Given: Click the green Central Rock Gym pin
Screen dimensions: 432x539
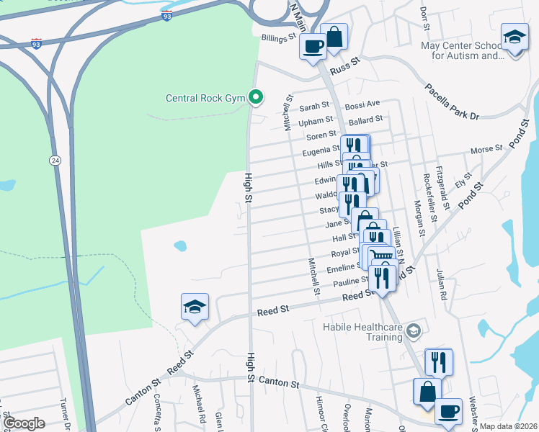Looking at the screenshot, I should [255, 96].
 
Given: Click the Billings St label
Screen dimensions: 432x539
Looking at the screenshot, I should [279, 37].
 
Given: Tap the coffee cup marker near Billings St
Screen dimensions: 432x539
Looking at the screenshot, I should [313, 47].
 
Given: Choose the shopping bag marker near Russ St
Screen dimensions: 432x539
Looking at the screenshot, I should [334, 36].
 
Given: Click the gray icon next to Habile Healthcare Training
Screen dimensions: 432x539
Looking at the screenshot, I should [414, 330].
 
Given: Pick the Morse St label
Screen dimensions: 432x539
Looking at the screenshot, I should [486, 150].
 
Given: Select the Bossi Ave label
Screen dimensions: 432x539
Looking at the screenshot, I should [362, 105].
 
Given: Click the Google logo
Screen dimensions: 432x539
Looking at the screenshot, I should [24, 423].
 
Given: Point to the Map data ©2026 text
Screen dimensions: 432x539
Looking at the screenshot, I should [508, 426].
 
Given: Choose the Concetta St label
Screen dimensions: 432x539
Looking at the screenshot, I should [157, 411].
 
